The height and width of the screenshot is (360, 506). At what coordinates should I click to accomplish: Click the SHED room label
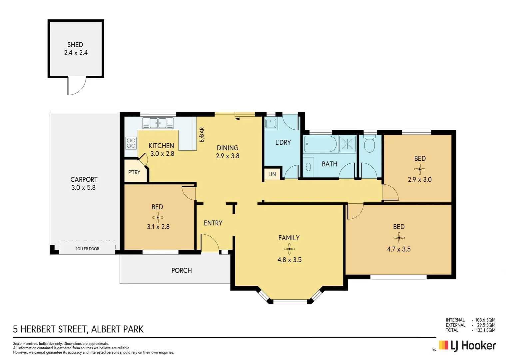(x=75, y=45)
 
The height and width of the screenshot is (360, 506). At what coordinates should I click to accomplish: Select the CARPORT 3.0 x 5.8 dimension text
(x=83, y=188)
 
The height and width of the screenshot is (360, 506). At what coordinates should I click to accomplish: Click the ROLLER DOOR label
(x=87, y=249)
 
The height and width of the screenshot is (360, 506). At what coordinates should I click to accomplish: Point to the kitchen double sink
(x=158, y=123)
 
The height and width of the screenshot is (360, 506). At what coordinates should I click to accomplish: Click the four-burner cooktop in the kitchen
(x=131, y=143)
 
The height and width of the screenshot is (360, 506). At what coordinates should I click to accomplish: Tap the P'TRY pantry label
(x=134, y=172)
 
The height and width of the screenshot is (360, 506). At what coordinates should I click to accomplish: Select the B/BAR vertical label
(x=202, y=135)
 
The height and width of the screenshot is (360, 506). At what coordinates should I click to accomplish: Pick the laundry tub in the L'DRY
(x=270, y=124)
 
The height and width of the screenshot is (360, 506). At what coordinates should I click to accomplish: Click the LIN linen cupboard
(x=272, y=174)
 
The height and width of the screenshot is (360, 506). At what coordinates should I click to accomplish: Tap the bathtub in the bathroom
(x=320, y=144)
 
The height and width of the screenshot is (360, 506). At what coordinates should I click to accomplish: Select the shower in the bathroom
(x=347, y=144)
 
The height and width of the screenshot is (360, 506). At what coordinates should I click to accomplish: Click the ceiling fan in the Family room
(x=289, y=249)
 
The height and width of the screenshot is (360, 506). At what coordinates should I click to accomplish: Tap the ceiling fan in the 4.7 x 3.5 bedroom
(x=399, y=238)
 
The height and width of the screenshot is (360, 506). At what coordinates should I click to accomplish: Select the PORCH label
(x=182, y=270)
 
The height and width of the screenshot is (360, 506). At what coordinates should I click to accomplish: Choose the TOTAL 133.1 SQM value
(x=485, y=330)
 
